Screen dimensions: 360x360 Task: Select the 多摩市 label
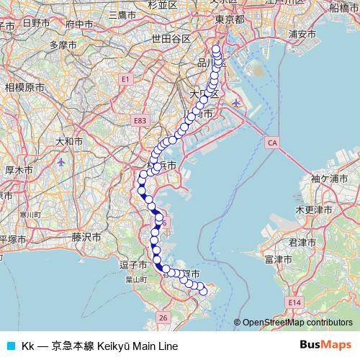pyautogui.click(x=62, y=45)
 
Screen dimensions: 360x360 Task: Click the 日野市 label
pyautogui.click(x=35, y=23)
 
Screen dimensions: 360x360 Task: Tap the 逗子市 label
pyautogui.click(x=133, y=265)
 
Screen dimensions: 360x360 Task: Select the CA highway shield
pyautogui.click(x=271, y=143)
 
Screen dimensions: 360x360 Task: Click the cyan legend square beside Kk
pyautogui.click(x=10, y=346)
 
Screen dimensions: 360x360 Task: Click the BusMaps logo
pyautogui.click(x=325, y=345)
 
